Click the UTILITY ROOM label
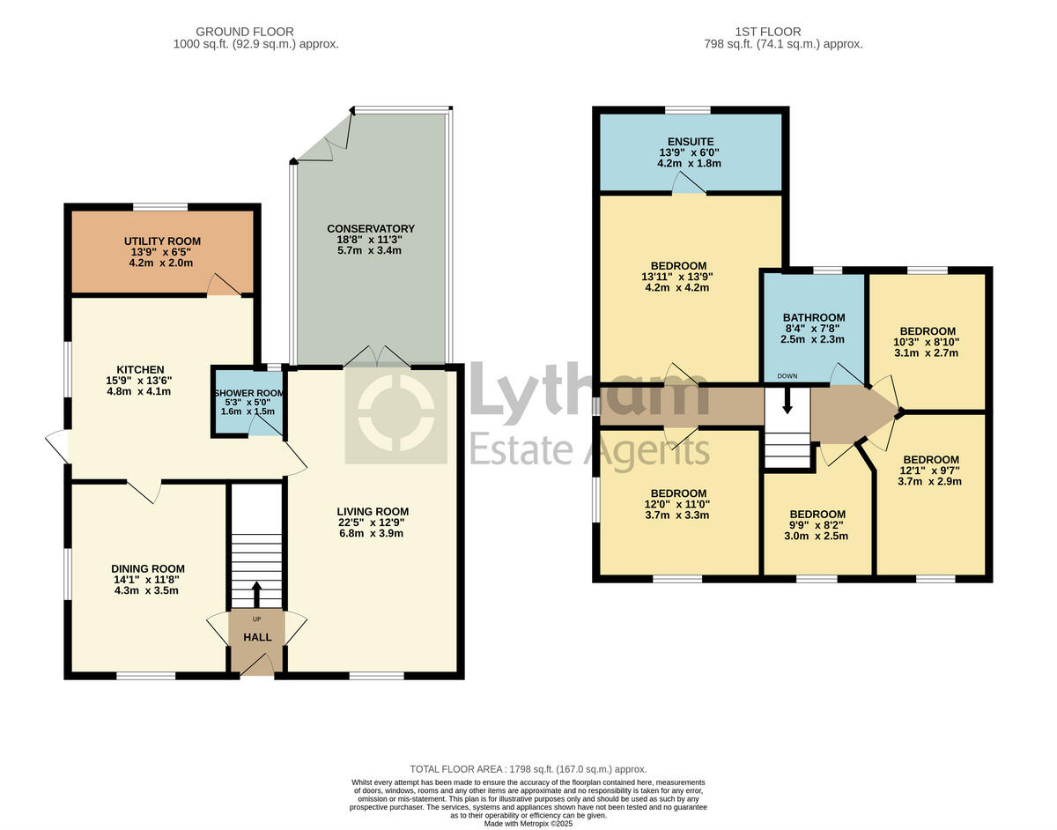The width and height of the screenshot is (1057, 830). (x=162, y=241)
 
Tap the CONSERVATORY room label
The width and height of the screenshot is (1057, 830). (x=370, y=228)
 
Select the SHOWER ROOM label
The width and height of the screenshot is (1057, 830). (x=248, y=393)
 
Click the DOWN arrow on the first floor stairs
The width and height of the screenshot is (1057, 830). (x=787, y=402)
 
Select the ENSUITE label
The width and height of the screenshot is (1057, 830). (x=691, y=141)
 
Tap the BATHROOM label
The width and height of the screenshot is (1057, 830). (x=814, y=317)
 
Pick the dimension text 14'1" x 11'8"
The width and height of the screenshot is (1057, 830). (x=148, y=580)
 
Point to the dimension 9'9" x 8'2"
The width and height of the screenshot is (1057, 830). (x=817, y=525)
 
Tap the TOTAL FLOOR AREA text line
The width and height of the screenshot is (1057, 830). (x=528, y=769)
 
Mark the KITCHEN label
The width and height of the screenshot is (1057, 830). (x=140, y=369)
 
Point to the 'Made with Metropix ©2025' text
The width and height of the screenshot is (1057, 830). (x=528, y=823)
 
